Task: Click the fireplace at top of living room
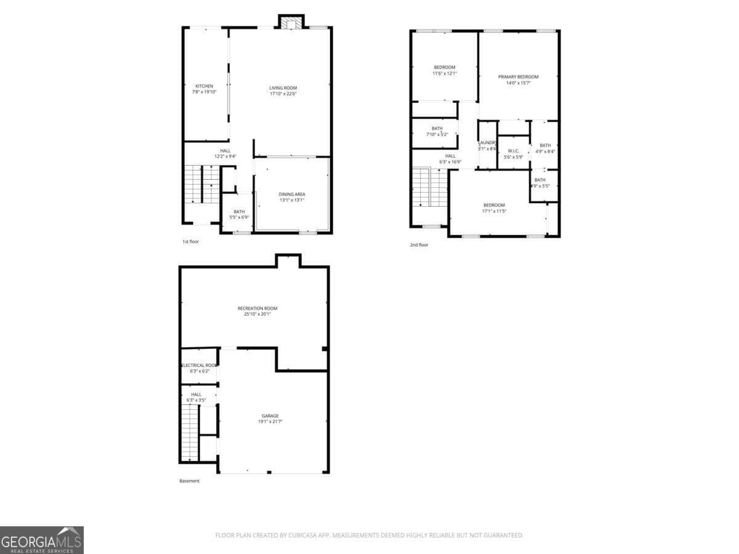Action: (x=290, y=23)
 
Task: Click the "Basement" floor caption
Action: (x=189, y=481)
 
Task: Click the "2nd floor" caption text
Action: (x=419, y=245)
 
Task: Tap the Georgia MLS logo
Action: (x=42, y=540)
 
